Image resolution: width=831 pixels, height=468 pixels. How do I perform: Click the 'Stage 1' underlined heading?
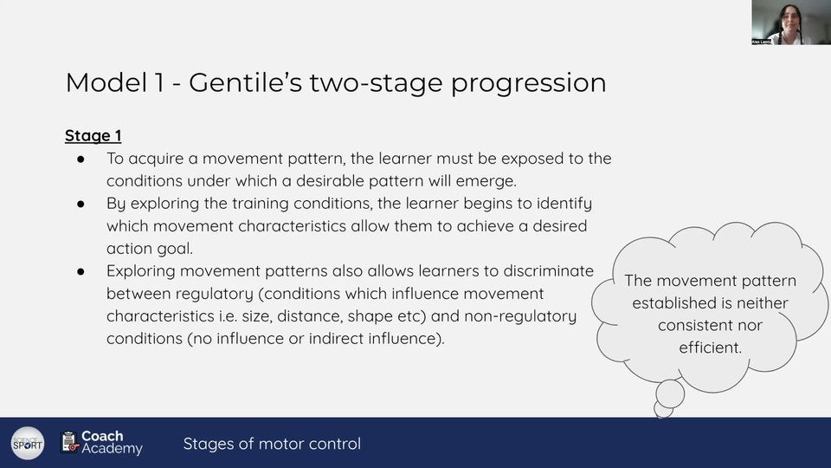pyautogui.click(x=93, y=136)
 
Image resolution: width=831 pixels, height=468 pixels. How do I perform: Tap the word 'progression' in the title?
pyautogui.click(x=528, y=84)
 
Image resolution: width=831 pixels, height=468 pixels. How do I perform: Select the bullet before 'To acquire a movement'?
pyautogui.click(x=81, y=159)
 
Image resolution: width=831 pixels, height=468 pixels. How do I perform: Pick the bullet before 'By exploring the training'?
pyautogui.click(x=81, y=204)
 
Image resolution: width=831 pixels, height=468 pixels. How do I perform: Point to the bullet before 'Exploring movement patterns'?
pyautogui.click(x=81, y=271)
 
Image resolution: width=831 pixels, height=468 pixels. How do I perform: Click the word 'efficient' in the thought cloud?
pyautogui.click(x=710, y=348)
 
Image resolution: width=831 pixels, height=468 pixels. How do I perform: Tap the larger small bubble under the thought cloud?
pyautogui.click(x=670, y=393)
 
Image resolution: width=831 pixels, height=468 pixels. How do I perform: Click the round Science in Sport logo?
pyautogui.click(x=28, y=443)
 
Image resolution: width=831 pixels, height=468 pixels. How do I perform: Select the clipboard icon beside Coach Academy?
pyautogui.click(x=69, y=442)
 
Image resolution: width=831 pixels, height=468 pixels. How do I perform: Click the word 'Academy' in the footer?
pyautogui.click(x=112, y=449)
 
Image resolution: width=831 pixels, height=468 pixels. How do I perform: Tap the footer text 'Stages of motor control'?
pyautogui.click(x=272, y=444)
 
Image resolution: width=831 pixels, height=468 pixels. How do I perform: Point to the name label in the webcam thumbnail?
pyautogui.click(x=762, y=41)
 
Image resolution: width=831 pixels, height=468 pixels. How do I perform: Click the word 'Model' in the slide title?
pyautogui.click(x=106, y=83)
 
